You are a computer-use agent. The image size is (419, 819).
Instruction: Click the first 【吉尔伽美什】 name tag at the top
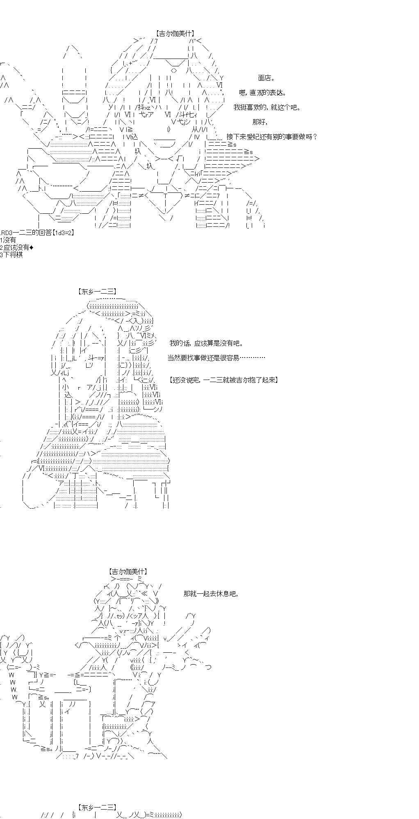point(175,34)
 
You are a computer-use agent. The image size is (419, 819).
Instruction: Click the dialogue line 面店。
point(266,78)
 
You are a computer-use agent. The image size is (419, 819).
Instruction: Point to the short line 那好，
point(260,122)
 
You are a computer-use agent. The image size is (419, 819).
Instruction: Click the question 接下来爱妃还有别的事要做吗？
point(271,137)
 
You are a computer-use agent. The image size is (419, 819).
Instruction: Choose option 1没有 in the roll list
point(8,240)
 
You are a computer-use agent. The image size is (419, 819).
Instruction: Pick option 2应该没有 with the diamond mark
point(16,247)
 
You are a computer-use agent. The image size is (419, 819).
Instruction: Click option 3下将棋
point(11,255)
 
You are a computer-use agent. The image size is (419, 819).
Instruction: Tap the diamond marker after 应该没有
point(32,247)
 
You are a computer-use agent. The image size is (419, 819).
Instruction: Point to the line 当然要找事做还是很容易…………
point(216,357)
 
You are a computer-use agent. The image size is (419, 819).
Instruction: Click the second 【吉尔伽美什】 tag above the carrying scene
point(128,571)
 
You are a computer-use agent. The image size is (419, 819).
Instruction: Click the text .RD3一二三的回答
point(25,233)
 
